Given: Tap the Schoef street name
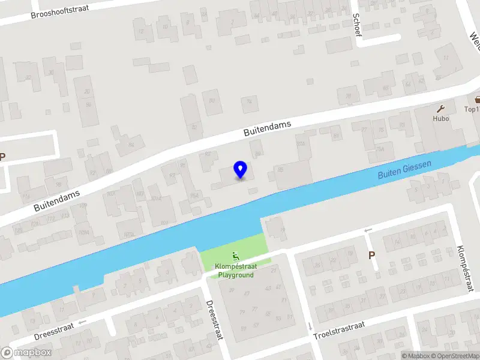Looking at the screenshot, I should pyautogui.click(x=358, y=25).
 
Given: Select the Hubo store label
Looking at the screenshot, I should pyautogui.click(x=441, y=118).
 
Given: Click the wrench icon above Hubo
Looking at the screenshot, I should pyautogui.click(x=441, y=109).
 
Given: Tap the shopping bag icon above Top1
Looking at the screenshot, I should pyautogui.click(x=478, y=100).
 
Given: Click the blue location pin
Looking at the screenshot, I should pyautogui.click(x=240, y=169).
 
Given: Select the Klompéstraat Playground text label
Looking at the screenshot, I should pyautogui.click(x=235, y=271).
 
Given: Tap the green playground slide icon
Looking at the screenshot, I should pyautogui.click(x=235, y=258).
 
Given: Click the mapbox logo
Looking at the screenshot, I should pyautogui.click(x=26, y=352).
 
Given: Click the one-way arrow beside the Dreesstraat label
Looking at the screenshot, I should pyautogui.click(x=83, y=322).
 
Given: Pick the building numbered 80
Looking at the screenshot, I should pyautogui.click(x=211, y=101).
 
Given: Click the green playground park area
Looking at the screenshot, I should pyautogui.click(x=235, y=249).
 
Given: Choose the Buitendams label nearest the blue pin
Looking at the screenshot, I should pyautogui.click(x=267, y=128).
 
